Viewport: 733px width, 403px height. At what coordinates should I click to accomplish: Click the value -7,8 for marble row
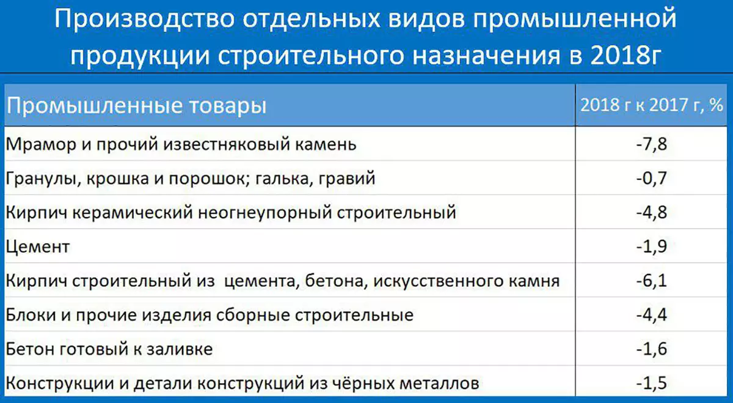(651, 144)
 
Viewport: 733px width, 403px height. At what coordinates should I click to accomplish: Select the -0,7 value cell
(651, 178)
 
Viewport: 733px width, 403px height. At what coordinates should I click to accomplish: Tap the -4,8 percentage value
(651, 212)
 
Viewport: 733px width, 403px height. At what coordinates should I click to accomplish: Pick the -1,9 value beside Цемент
(651, 246)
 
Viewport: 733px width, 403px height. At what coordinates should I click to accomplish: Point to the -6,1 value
(651, 281)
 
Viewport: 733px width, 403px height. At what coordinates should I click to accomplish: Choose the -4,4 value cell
(651, 315)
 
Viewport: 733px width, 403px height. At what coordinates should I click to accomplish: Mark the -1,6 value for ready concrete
(651, 349)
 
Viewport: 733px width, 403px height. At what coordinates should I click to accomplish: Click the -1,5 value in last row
(651, 383)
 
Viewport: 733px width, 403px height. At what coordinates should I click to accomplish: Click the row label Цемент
(38, 246)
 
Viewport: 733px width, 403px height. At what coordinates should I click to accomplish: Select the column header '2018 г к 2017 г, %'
(652, 105)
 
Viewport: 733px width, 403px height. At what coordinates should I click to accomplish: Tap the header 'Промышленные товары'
(136, 106)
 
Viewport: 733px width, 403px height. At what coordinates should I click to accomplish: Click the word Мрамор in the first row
(41, 144)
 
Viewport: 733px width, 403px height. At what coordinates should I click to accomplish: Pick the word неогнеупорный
(265, 213)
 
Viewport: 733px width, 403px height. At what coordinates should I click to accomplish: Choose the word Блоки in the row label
(31, 315)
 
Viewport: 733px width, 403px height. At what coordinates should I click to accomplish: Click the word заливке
(180, 349)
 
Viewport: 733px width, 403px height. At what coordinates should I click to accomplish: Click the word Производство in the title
(145, 18)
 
